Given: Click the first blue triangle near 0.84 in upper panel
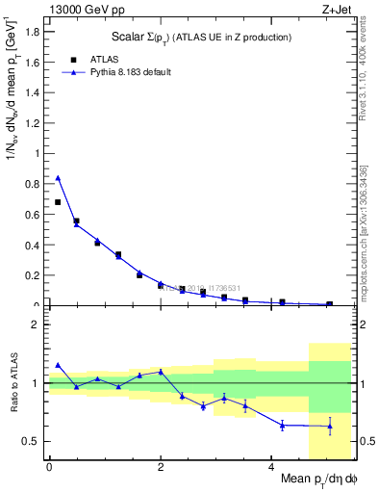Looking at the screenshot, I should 58,177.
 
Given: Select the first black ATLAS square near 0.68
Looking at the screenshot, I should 58,202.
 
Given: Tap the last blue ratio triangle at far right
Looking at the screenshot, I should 330,426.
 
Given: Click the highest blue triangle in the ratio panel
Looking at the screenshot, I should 58,365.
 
